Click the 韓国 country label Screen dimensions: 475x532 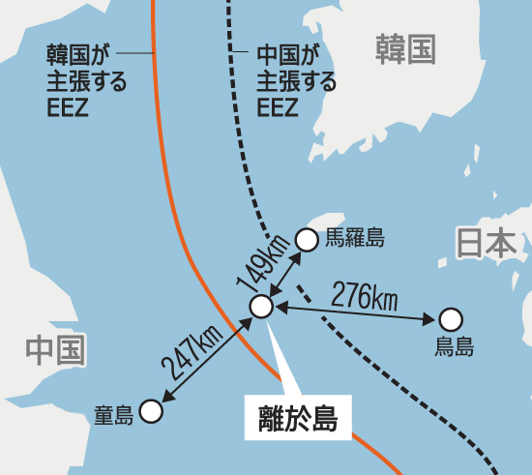click(x=405, y=47)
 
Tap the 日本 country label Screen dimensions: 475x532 click(x=487, y=244)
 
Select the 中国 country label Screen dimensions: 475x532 click(x=55, y=348)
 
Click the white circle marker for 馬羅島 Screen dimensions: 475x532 click(x=307, y=238)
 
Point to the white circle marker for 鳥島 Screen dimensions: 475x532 click(x=451, y=319)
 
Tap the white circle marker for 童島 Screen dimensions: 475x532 click(x=150, y=412)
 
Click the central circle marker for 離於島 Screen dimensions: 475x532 click(x=261, y=307)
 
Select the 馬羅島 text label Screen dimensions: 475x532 click(x=355, y=237)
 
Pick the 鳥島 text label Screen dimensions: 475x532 click(x=454, y=346)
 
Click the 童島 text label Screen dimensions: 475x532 click(x=113, y=415)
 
